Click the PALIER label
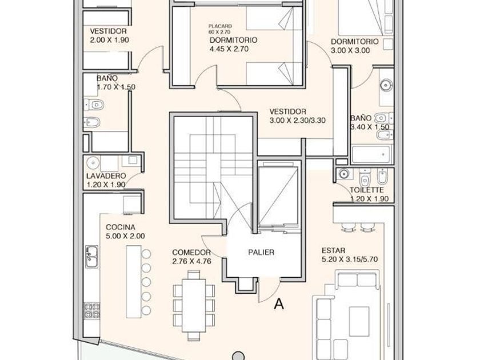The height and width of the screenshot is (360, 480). point(261,252)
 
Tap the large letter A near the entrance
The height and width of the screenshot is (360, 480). point(279,304)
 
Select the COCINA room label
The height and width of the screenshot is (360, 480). point(121,227)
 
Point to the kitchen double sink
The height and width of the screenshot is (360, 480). point(92,257)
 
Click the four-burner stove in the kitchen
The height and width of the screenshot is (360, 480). point(92,310)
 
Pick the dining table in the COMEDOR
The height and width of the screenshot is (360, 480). point(194,305)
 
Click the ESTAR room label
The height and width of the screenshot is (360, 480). point(334,250)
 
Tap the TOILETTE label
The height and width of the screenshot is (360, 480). point(367,190)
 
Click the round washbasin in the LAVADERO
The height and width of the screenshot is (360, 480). point(93,162)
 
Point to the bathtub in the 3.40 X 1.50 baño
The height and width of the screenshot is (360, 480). point(371,154)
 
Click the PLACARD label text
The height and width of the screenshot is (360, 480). point(220,26)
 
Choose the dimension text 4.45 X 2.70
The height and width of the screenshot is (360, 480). point(229,49)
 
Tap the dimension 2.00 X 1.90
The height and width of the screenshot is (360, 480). point(109,40)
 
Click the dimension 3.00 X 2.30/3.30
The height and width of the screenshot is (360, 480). point(297,121)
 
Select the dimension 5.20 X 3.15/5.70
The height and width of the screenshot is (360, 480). point(350,259)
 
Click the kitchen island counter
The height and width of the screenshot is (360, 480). point(134,282)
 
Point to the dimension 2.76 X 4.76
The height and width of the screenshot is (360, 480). point(191,262)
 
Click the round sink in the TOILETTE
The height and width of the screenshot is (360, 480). point(343,174)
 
